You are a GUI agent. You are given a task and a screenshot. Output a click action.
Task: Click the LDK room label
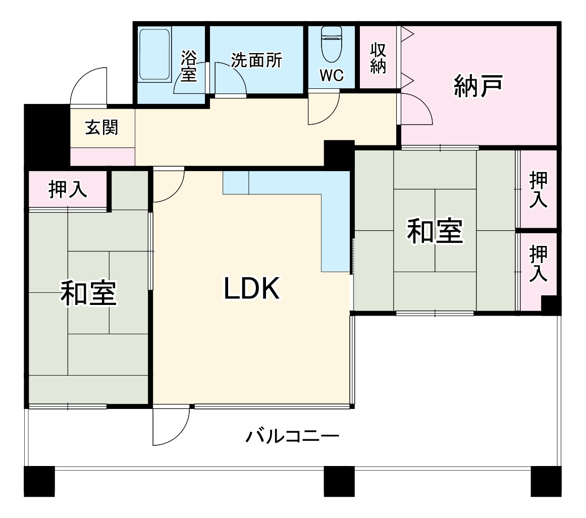click(x=251, y=289)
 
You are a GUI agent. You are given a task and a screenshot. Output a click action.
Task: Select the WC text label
click(x=332, y=76)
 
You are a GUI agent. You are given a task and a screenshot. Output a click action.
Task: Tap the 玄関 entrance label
click(x=101, y=128)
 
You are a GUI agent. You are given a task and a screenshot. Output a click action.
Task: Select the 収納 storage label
click(x=378, y=59)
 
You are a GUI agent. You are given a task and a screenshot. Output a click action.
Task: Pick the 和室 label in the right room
click(x=435, y=231)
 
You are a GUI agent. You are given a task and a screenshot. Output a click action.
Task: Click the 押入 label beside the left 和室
click(x=67, y=189)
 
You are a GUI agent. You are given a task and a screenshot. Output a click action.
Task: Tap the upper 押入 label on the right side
click(x=538, y=189)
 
